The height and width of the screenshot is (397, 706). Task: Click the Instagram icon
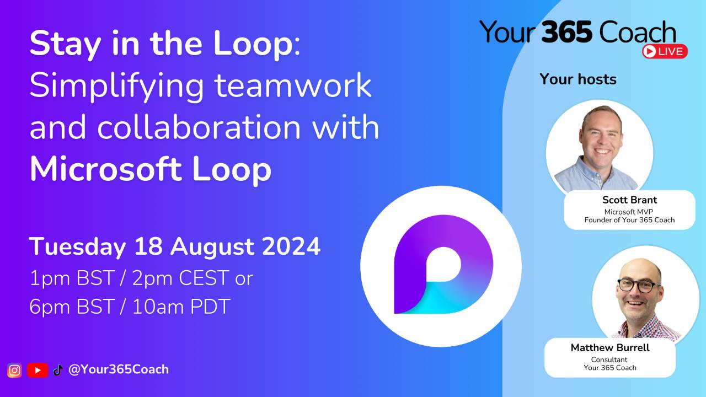15,371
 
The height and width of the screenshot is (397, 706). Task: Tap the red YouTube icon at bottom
38,371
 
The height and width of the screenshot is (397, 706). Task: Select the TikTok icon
58,371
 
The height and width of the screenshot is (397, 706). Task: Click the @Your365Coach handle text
118,369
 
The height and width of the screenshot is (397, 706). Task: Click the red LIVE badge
665,51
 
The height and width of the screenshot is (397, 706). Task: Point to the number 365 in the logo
568,32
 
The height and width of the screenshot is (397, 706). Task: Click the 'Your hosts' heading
577,79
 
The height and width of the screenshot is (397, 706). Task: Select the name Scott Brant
629,200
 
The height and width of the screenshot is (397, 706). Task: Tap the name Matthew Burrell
610,348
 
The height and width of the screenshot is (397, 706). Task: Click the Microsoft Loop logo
441,266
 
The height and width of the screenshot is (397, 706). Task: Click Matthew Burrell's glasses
638,286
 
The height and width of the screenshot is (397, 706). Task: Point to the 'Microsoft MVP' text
629,211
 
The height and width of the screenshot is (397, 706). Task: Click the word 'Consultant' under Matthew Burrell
609,360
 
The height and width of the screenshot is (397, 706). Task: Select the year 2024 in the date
291,246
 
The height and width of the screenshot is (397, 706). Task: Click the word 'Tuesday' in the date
77,246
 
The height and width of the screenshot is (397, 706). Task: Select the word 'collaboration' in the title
199,128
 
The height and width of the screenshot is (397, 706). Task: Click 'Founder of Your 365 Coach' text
629,220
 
